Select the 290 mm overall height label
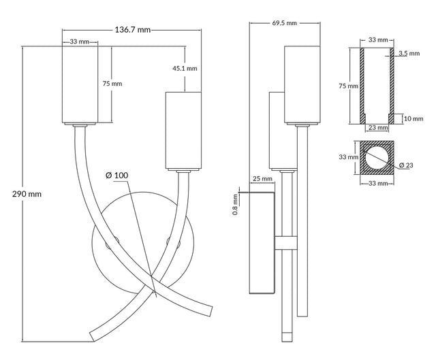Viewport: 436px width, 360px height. coord(27,193)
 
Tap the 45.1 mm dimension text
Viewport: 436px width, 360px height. coord(185,68)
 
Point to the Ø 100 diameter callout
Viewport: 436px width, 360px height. coord(116,176)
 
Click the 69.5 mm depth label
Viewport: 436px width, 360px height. coord(284,23)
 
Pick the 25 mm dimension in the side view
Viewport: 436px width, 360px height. coord(262,179)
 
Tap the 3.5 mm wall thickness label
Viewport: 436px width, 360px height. coord(403,53)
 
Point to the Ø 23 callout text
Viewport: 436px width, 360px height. coord(407,165)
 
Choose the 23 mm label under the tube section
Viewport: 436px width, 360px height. coord(374,127)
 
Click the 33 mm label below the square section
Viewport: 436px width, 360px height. coord(374,183)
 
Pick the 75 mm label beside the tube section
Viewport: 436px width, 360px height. coord(349,86)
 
